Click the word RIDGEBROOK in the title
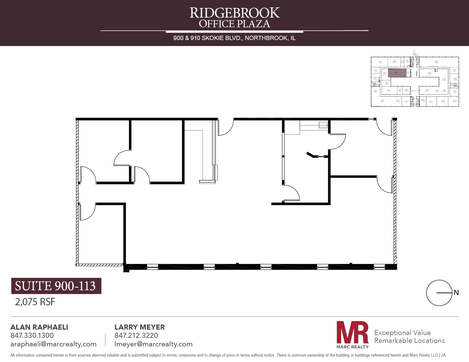[234, 13]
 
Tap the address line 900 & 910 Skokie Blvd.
[234, 38]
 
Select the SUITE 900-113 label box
[56, 286]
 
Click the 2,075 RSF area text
[35, 302]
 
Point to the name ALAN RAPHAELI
[39, 327]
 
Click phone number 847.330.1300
[32, 335]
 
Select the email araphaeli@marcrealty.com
[53, 344]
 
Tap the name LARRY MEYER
[140, 327]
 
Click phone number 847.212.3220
[136, 335]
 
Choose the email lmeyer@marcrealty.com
[153, 344]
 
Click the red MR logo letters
[352, 332]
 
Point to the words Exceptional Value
[402, 332]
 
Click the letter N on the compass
[456, 292]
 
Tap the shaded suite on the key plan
[397, 73]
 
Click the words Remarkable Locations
[409, 340]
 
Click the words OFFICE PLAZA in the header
[234, 24]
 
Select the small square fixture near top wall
[323, 125]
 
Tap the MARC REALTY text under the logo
[352, 347]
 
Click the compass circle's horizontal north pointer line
[444, 293]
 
